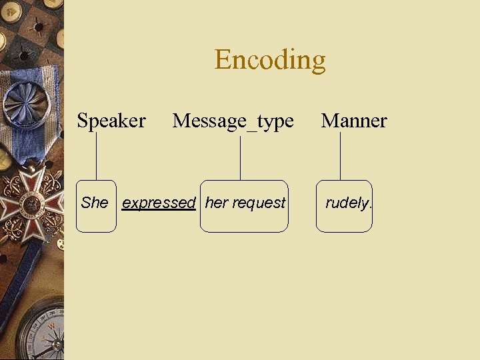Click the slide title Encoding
270,60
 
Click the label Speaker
111,121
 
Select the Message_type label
233,121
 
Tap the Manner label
353,121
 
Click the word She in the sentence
94,203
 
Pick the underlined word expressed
159,203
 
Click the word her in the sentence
217,203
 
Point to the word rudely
346,203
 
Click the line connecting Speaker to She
96,157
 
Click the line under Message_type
240,157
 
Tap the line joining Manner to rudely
340,157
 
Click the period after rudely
370,207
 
